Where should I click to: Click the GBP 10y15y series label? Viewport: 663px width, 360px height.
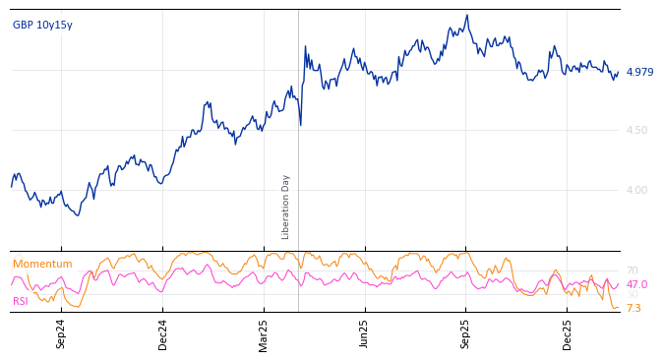pos(42,26)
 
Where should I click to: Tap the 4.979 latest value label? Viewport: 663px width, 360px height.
pos(639,72)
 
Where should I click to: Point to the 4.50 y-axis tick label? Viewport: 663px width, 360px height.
pos(636,130)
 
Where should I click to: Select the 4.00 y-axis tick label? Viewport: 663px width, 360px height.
pos(636,190)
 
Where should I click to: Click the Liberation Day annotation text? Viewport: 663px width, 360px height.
pos(286,207)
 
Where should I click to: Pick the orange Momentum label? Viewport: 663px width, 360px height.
pos(42,265)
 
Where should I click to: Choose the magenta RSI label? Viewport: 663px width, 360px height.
pos(21,301)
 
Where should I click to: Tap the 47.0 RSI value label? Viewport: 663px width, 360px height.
pos(636,285)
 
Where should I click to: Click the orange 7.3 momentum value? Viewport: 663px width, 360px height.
pos(633,308)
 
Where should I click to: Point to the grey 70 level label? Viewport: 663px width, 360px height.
pos(633,271)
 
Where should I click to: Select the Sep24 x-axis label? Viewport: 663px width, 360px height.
pos(61,333)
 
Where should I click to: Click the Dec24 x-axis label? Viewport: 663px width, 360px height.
pos(163,333)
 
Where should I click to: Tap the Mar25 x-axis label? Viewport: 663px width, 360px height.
pos(264,333)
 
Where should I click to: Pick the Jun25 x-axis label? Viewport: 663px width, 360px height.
pos(365,333)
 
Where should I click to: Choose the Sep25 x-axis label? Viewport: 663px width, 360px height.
pos(465,333)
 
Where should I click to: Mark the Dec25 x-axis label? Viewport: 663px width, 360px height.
pos(567,333)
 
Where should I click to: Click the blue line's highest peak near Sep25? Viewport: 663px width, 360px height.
pos(467,15)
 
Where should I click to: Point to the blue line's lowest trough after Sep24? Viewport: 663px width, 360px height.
pos(78,215)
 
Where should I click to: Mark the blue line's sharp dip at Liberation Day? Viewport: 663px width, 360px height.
pos(300,125)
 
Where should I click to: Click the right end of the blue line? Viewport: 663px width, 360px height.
pos(618,72)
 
